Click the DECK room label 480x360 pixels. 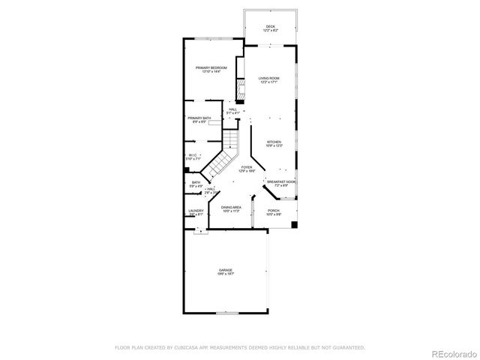[270, 27]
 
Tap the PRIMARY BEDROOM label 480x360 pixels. [211, 68]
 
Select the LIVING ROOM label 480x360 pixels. [268, 78]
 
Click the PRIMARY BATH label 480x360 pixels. [199, 118]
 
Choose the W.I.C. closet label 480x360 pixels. [193, 155]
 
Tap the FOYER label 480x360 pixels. [247, 167]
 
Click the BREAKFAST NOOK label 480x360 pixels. [280, 181]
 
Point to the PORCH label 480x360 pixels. [274, 211]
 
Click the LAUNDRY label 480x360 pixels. [196, 211]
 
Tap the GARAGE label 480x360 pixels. [226, 270]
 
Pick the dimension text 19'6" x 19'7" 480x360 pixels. [226, 274]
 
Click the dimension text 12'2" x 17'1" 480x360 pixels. [268, 82]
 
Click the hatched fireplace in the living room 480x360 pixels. [241, 92]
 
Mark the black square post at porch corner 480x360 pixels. [295, 223]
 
